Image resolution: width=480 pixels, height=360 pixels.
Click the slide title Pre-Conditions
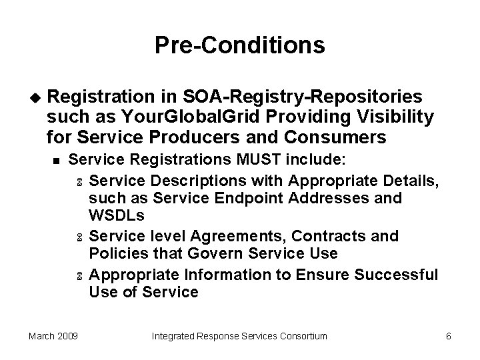[239, 45]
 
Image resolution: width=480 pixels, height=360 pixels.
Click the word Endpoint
[254, 198]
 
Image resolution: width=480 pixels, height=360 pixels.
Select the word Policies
[116, 254]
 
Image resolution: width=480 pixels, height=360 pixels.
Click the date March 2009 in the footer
[53, 336]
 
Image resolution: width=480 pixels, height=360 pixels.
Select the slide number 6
[448, 336]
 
